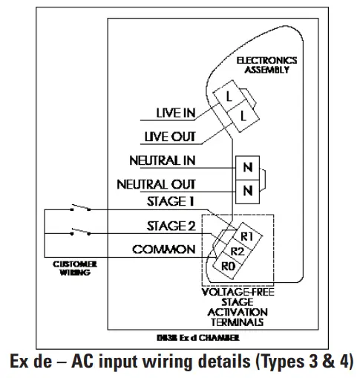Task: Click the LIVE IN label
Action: coord(176,113)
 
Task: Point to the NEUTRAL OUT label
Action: coord(157,183)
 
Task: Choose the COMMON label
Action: coord(164,250)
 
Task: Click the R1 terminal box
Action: coord(247,236)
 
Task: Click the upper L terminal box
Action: coord(230,97)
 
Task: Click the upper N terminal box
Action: coord(246,167)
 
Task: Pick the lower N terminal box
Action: coord(246,190)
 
